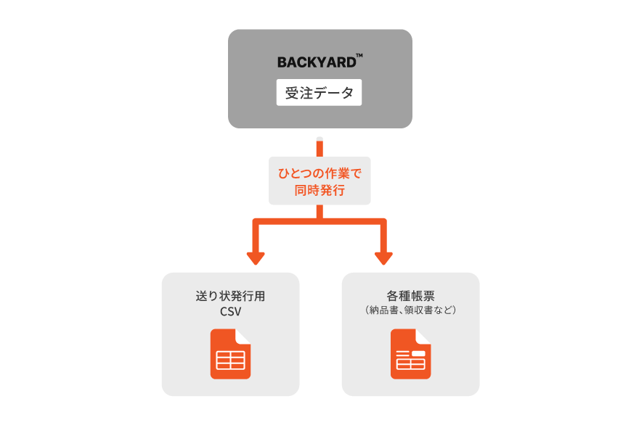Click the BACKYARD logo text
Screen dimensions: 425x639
click(317, 62)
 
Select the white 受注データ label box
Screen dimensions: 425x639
click(319, 93)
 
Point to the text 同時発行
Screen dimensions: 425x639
click(319, 191)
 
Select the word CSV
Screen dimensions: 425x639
click(230, 313)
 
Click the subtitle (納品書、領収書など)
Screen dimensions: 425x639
click(410, 310)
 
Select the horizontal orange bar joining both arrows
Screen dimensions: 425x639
click(319, 220)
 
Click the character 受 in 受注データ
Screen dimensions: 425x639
click(292, 94)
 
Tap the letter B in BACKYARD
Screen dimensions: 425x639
click(282, 62)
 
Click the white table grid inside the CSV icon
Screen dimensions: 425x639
click(230, 360)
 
